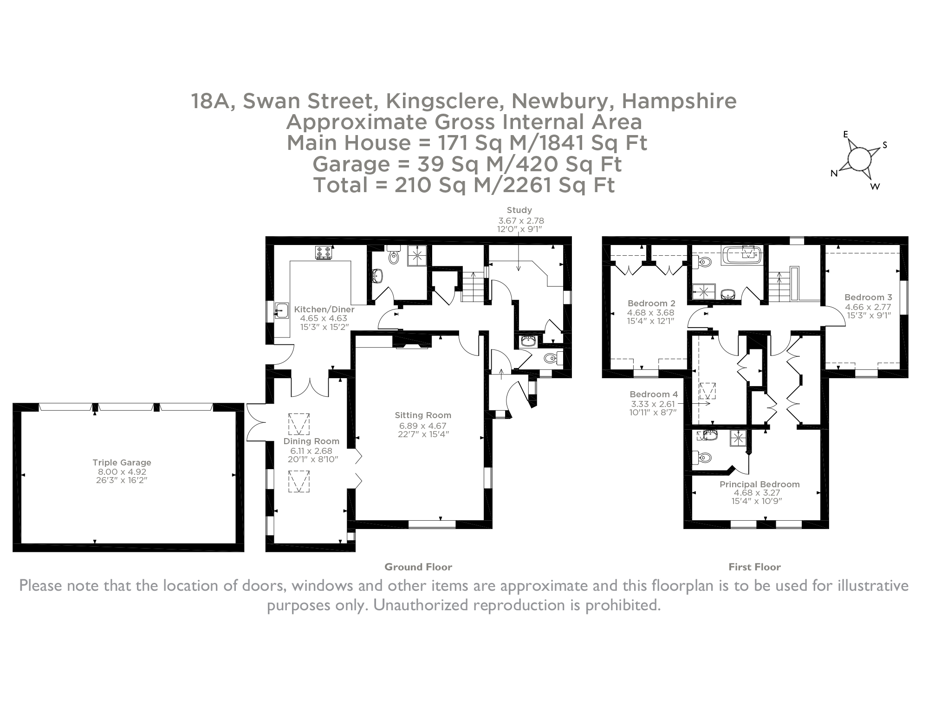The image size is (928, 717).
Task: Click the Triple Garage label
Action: point(122,462)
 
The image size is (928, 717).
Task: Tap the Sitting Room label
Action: point(423,415)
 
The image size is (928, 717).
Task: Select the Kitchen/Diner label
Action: point(324,310)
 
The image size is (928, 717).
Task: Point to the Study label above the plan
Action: point(519,210)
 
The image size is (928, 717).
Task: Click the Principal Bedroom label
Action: point(759,484)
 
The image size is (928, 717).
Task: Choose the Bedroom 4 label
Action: point(654,394)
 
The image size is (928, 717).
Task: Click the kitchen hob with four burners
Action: point(324,252)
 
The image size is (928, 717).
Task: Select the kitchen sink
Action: point(281,310)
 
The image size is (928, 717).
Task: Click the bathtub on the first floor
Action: point(742,255)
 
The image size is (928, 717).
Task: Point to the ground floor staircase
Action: point(473,286)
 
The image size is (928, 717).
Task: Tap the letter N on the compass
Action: point(834,174)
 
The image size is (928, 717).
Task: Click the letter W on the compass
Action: point(875,187)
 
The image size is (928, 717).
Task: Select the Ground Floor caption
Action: point(418,567)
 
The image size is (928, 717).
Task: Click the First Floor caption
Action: point(754,567)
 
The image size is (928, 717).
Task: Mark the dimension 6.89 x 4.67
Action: point(423,426)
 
